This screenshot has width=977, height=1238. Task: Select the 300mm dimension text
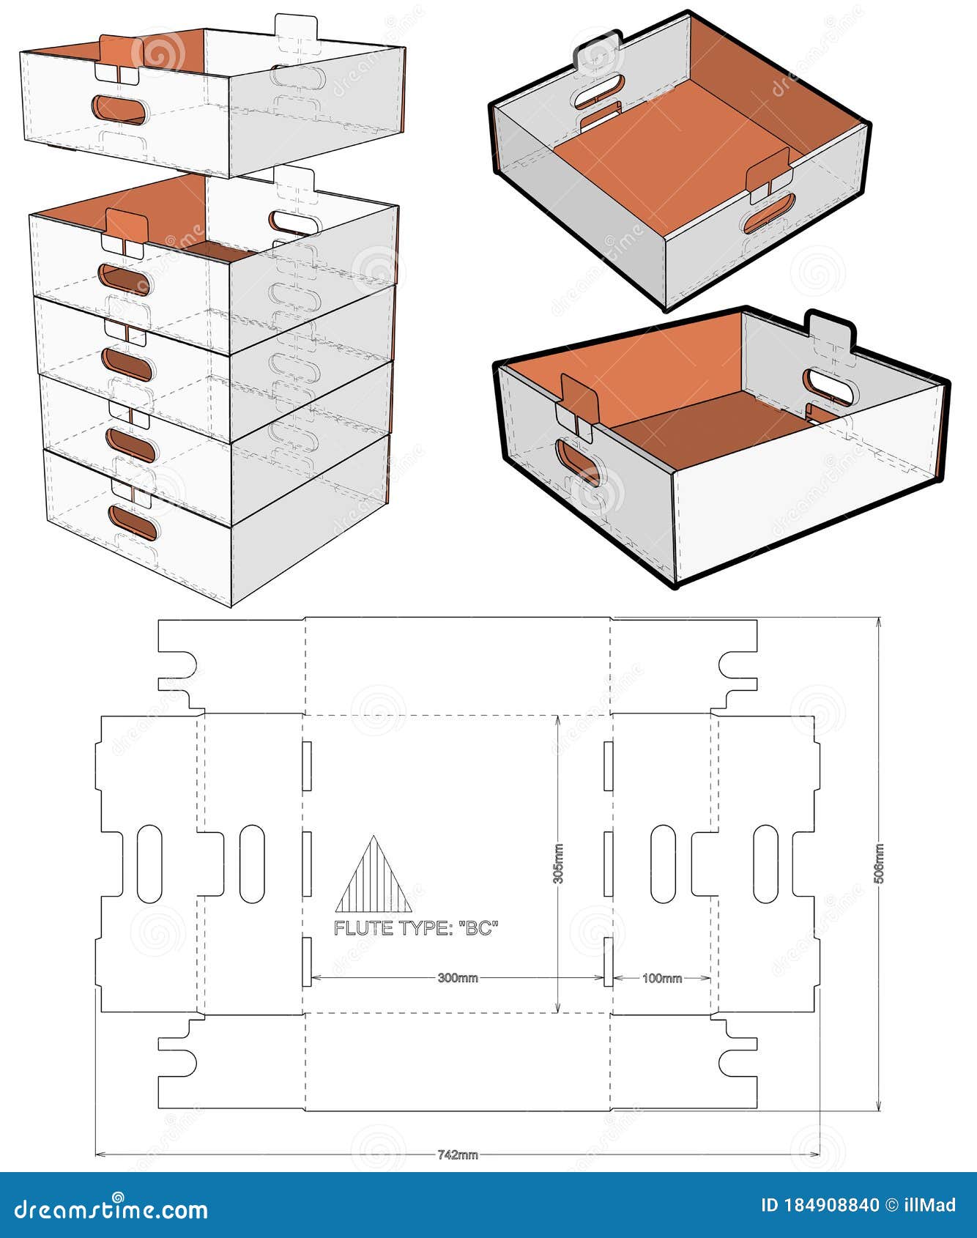(x=458, y=978)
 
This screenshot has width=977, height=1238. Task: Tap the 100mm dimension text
(x=662, y=978)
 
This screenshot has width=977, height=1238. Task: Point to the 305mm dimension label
(x=558, y=864)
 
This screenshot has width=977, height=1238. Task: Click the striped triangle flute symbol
(x=374, y=875)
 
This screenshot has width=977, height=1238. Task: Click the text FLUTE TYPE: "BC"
(x=416, y=927)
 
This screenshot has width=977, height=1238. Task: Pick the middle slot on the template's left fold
(x=308, y=863)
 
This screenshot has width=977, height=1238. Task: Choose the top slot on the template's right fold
(x=608, y=766)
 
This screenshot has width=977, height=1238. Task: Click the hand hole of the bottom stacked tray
(x=133, y=523)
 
